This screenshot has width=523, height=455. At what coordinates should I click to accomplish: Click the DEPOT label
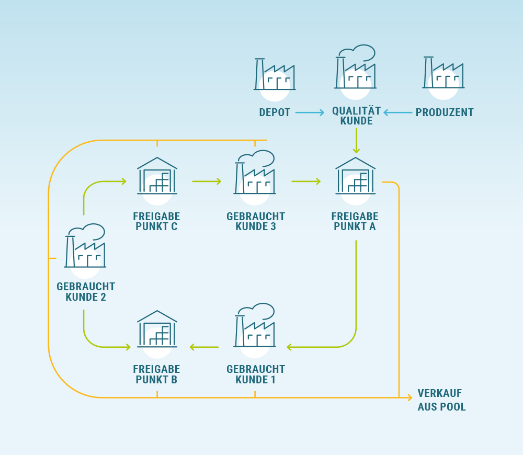pos(275,112)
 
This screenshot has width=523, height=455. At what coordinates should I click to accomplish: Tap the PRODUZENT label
pos(445,112)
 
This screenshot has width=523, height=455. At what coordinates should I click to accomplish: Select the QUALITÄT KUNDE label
pos(356,116)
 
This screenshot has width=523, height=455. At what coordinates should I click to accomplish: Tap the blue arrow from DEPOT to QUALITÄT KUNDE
pos(310,112)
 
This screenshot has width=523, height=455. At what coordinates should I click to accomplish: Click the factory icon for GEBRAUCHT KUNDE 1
pos(255,326)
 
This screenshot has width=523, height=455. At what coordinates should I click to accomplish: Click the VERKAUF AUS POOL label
pos(441,400)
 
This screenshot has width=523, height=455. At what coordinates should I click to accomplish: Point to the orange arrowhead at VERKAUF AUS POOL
pos(410,398)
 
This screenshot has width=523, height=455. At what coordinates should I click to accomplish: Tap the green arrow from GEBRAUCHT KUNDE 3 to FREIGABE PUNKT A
pos(306,181)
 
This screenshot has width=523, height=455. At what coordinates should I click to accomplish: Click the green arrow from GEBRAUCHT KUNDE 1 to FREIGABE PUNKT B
pos(204,347)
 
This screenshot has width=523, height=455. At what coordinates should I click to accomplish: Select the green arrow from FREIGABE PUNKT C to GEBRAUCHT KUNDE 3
pos(207,181)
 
